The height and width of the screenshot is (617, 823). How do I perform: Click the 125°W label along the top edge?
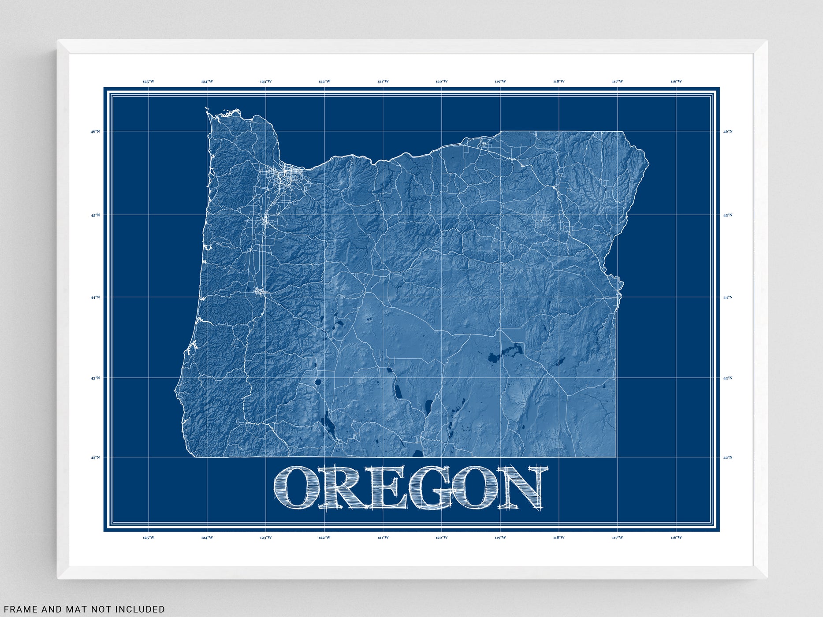[x=149, y=82]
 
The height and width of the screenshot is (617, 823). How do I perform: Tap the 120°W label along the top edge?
[x=442, y=82]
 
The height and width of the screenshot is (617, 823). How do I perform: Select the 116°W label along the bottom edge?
[x=676, y=537]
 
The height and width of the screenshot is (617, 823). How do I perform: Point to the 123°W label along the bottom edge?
[x=266, y=537]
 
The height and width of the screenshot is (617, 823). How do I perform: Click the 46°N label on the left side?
[x=96, y=131]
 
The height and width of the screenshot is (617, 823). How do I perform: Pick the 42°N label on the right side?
[x=728, y=457]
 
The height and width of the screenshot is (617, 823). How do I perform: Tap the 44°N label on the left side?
[x=96, y=297]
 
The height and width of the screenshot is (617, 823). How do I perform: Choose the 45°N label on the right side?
[x=728, y=215]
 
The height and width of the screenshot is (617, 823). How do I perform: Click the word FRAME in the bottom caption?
[x=21, y=610]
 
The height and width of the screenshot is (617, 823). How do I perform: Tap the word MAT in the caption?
[x=67, y=610]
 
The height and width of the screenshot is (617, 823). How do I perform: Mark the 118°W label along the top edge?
[x=559, y=82]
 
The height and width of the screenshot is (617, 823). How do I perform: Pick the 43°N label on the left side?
[x=96, y=378]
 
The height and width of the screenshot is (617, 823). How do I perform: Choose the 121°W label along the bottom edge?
[x=383, y=537]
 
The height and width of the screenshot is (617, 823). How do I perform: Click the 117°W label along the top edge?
[x=618, y=82]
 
